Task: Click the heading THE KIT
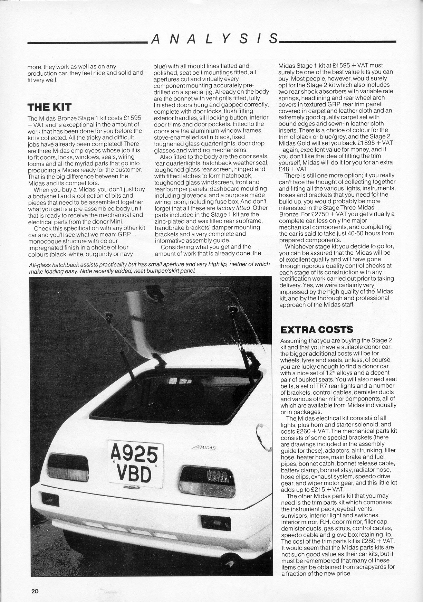(49, 107)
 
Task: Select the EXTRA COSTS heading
(317, 329)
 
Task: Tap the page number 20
(35, 591)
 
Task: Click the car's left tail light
(68, 468)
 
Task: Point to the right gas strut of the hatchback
(241, 335)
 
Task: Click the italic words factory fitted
(234, 208)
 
